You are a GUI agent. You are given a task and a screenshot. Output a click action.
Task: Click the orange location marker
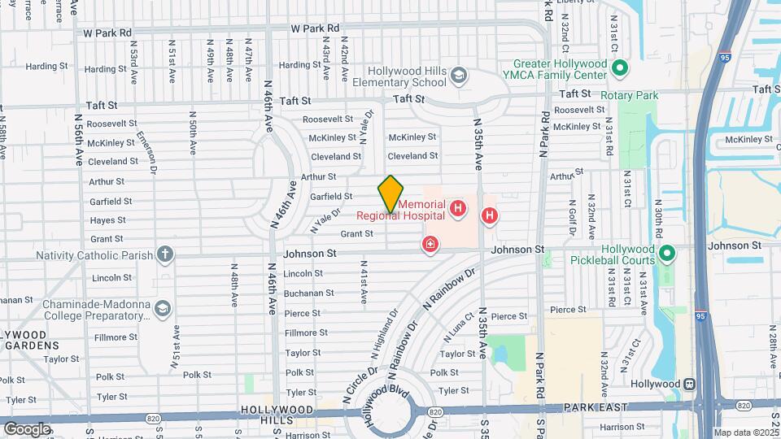click(x=390, y=194)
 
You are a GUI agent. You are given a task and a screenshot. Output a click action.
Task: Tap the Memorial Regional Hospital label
click(x=400, y=210)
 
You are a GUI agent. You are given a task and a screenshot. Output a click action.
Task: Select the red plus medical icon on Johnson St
click(x=430, y=244)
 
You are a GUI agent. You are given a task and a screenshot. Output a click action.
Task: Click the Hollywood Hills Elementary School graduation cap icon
click(x=459, y=76)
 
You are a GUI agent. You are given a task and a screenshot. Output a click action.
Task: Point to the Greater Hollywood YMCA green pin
click(x=619, y=68)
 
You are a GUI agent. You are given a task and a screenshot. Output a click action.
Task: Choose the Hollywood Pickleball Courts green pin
click(x=667, y=254)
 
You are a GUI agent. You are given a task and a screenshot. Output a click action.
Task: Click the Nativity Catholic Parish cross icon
click(x=165, y=254)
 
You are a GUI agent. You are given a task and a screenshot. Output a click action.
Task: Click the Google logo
click(x=27, y=428)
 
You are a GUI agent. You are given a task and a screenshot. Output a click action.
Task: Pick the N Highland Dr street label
click(x=385, y=333)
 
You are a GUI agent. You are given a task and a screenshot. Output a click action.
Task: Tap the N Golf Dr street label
click(x=572, y=218)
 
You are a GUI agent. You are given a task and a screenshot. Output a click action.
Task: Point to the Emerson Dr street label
click(x=146, y=151)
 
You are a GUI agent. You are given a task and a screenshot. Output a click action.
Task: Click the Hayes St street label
click(x=107, y=220)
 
